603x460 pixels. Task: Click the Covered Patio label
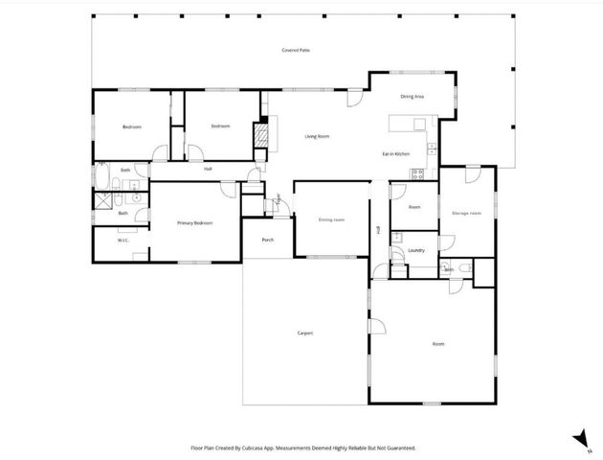click(x=296, y=50)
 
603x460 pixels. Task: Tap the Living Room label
click(x=317, y=137)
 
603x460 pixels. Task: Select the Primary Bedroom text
click(x=194, y=222)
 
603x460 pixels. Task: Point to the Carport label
click(x=305, y=333)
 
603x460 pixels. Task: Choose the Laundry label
click(x=415, y=250)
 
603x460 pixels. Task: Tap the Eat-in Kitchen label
click(x=396, y=153)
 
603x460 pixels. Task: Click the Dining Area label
click(x=413, y=97)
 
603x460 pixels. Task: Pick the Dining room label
click(x=331, y=219)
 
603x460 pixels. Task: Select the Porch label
click(x=267, y=240)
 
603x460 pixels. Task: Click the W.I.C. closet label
click(x=123, y=241)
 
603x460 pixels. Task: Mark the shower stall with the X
click(x=101, y=201)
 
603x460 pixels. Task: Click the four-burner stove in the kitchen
click(x=417, y=173)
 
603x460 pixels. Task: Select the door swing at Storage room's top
click(x=471, y=173)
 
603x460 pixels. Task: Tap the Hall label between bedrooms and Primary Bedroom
click(x=208, y=170)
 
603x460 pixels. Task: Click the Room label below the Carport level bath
click(x=438, y=343)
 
